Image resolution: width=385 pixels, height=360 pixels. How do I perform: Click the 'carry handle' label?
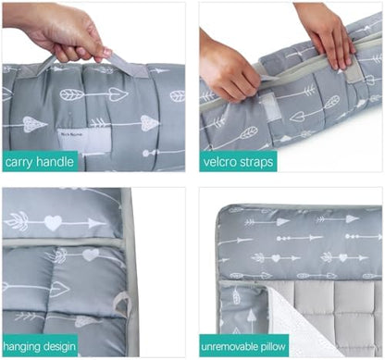[40, 162]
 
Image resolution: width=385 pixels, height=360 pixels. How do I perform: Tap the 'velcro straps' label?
[239, 162]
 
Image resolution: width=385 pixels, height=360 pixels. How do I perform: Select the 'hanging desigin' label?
[40, 346]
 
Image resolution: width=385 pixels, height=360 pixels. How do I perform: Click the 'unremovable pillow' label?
[243, 346]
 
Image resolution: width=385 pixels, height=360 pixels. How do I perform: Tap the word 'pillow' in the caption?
[272, 346]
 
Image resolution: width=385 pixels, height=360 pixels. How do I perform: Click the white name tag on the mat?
[83, 141]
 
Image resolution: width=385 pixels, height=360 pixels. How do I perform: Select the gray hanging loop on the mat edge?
[121, 304]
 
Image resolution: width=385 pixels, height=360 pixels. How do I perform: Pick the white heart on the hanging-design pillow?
[53, 223]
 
